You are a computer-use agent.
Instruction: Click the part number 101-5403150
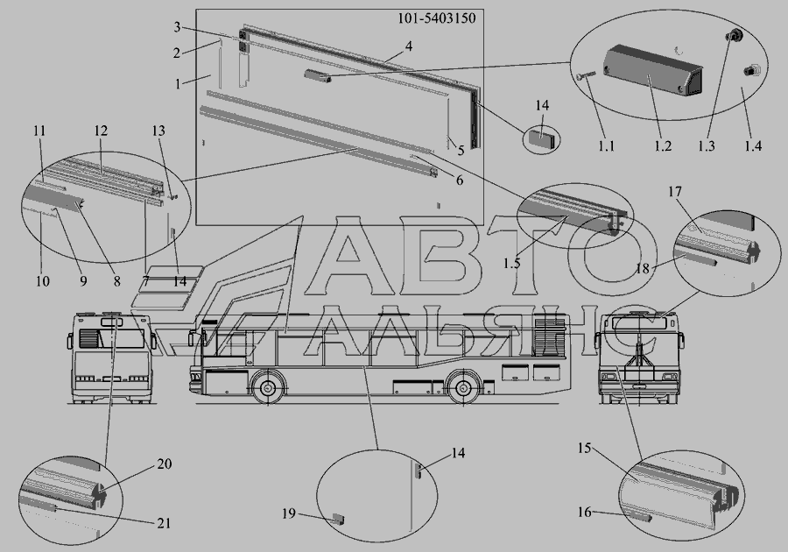[x=436, y=18]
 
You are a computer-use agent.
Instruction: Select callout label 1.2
[x=663, y=145]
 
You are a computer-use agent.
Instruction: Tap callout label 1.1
[x=606, y=145]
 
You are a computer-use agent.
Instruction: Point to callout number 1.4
[x=752, y=145]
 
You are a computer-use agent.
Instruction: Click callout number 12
[x=101, y=131]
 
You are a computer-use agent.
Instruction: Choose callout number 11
[x=39, y=131]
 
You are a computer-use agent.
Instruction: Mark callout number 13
[x=158, y=131]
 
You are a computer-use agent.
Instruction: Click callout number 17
[x=675, y=192]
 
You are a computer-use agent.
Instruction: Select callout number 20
[x=165, y=464]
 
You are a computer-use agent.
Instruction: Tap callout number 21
[x=164, y=523]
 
